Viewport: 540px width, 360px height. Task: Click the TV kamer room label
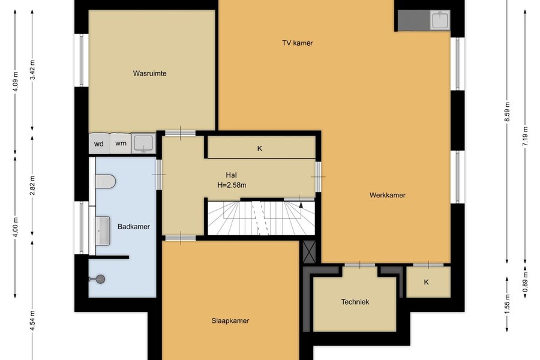(297, 43)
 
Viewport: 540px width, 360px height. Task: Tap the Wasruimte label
(150, 73)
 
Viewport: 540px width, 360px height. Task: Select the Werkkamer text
(388, 195)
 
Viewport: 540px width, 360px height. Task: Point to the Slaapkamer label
(230, 321)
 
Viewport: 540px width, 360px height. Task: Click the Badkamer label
(134, 227)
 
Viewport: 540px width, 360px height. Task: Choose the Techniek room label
(355, 302)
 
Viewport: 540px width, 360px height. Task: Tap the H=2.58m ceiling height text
(232, 185)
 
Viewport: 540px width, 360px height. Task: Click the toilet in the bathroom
(105, 181)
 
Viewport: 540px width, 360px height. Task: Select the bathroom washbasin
(102, 231)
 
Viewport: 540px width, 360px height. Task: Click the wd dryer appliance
(99, 143)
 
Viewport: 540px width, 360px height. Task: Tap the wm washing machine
(121, 143)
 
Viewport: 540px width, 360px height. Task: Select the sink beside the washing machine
(143, 143)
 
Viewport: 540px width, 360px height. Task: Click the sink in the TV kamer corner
(440, 20)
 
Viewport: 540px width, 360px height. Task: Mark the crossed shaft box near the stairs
(309, 251)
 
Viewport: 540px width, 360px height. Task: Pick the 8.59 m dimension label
(507, 112)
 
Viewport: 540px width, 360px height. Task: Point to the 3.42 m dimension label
(32, 70)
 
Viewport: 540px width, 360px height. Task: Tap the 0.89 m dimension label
(525, 281)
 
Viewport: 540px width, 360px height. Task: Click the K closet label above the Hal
(260, 148)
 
